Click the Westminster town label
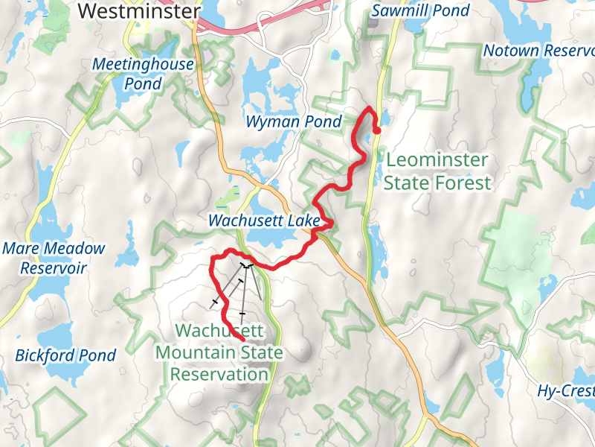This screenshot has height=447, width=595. click(138, 11)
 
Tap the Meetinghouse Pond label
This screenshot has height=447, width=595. click(143, 74)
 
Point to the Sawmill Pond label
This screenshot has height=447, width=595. click(420, 11)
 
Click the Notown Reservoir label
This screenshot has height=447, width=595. click(538, 51)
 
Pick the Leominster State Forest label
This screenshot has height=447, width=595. click(438, 171)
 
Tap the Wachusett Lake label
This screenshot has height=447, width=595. click(264, 221)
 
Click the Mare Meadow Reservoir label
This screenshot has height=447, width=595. click(54, 258)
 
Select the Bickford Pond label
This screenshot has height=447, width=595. click(65, 355)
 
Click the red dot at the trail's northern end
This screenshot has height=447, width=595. click(376, 130)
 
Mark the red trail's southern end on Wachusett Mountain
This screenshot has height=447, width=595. click(243, 340)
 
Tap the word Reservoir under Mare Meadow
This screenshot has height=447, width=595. click(54, 268)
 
